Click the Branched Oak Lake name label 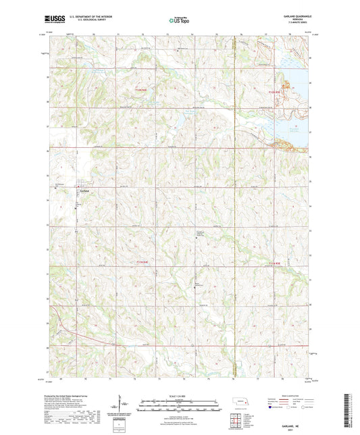[284, 129]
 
